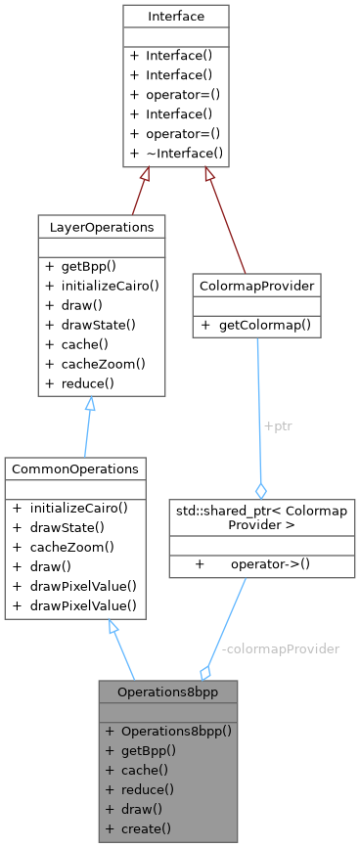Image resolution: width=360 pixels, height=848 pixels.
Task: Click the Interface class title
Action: tap(175, 17)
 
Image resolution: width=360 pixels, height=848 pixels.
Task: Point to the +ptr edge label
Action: tap(278, 427)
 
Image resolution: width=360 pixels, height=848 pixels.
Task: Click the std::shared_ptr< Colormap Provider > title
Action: tap(259, 518)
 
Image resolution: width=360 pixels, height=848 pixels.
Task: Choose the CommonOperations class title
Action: tap(75, 469)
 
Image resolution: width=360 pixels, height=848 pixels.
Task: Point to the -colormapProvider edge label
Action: tap(281, 648)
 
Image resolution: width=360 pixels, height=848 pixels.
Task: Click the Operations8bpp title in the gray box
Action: tap(167, 691)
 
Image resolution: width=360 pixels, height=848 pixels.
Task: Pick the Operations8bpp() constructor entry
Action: tap(169, 731)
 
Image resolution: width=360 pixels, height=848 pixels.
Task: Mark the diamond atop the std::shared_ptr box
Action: tap(260, 490)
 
